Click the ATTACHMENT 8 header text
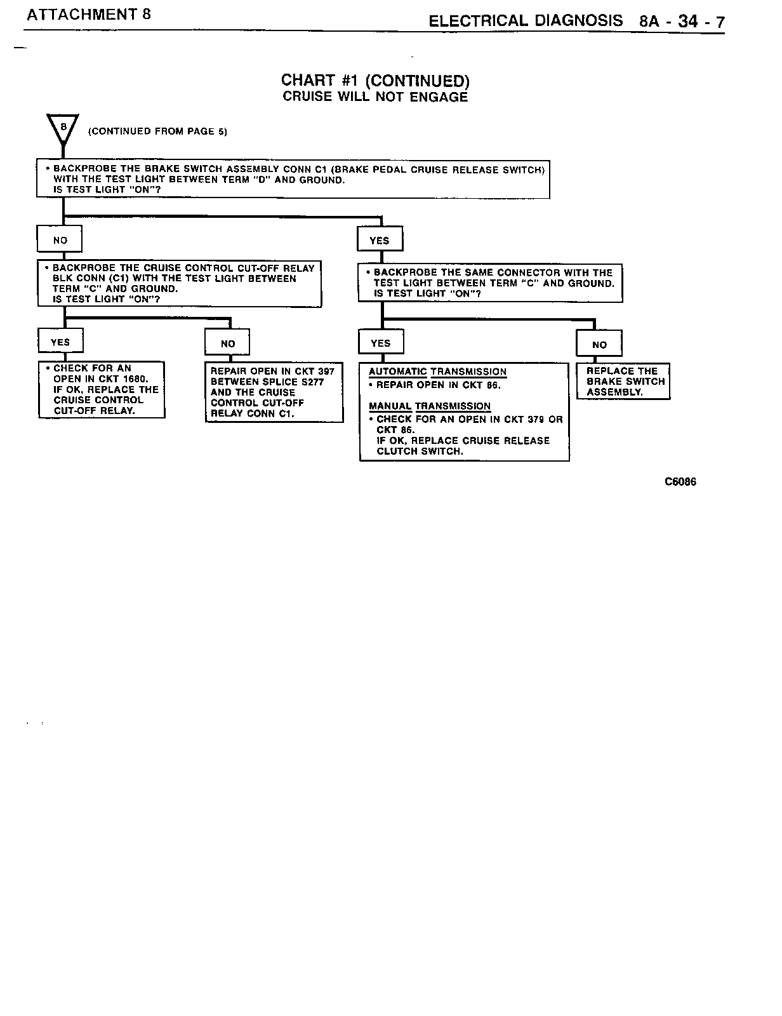click(x=88, y=14)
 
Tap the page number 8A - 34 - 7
click(x=682, y=22)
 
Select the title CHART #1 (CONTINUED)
click(x=375, y=81)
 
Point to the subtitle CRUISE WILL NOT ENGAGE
click(x=375, y=97)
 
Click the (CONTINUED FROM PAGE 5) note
click(x=157, y=131)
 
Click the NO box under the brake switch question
click(x=60, y=240)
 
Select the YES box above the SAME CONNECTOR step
click(x=380, y=241)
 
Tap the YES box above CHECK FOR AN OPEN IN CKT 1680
click(x=60, y=342)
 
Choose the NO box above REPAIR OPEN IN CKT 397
click(x=227, y=344)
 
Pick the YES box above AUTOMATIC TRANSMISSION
click(x=381, y=344)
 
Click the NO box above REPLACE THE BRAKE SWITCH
click(x=599, y=345)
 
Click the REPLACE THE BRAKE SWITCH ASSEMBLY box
click(x=623, y=381)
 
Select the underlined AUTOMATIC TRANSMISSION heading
click(x=437, y=371)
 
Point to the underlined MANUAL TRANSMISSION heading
click(x=429, y=406)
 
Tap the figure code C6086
click(x=680, y=482)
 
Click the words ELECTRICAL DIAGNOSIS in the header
click(x=526, y=21)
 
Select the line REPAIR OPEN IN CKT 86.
click(x=438, y=385)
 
